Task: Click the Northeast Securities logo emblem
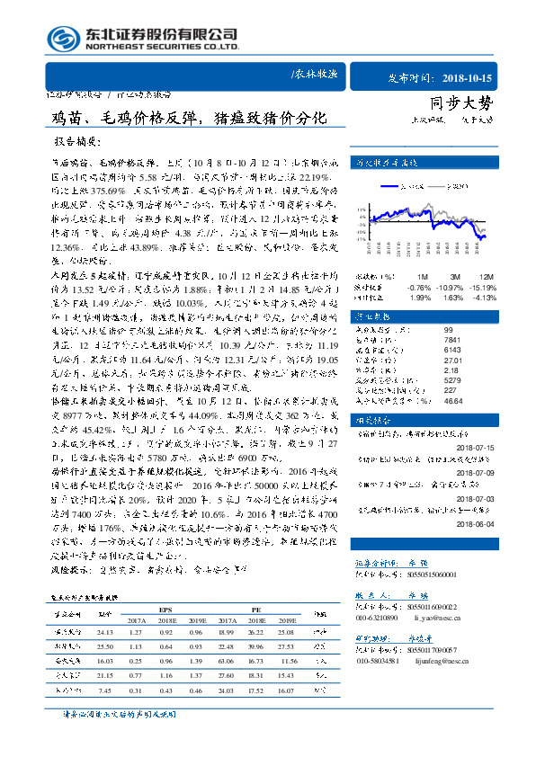pyautogui.click(x=62, y=39)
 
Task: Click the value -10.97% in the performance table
pyautogui.click(x=457, y=285)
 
